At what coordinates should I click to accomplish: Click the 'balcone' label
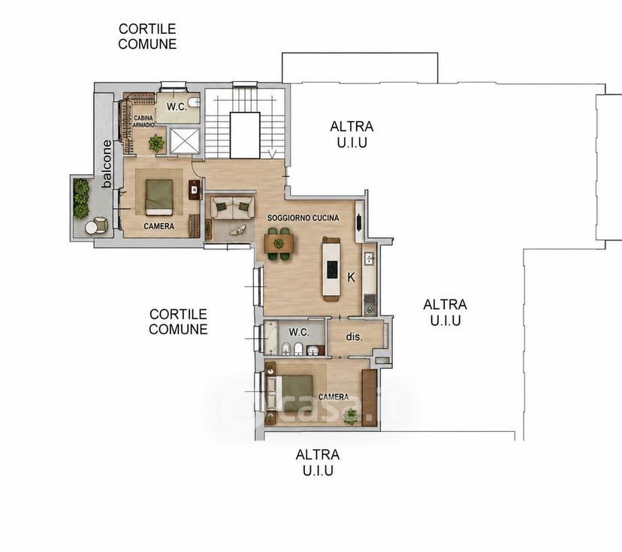107,164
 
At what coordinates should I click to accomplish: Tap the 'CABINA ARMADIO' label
143,122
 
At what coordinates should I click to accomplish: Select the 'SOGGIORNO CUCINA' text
303,218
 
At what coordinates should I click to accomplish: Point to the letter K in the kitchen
351,278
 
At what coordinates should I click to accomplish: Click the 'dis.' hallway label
355,337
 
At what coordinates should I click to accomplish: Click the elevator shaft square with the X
185,140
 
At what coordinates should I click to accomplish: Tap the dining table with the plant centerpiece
279,243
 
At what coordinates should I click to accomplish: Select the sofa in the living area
232,207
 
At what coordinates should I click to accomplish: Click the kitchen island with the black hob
331,270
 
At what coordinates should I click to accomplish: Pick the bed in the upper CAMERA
159,197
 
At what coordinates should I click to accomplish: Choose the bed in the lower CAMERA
291,393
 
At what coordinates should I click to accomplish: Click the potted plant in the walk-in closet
156,143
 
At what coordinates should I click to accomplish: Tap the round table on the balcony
92,228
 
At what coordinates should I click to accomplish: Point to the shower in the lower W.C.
271,337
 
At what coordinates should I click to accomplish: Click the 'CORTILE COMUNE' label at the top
147,37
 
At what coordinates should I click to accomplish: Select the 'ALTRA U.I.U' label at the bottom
318,463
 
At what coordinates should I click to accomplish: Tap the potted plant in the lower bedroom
351,417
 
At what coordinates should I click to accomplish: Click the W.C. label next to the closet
177,107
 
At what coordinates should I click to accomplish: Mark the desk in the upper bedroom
195,190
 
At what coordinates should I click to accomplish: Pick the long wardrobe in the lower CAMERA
370,398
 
